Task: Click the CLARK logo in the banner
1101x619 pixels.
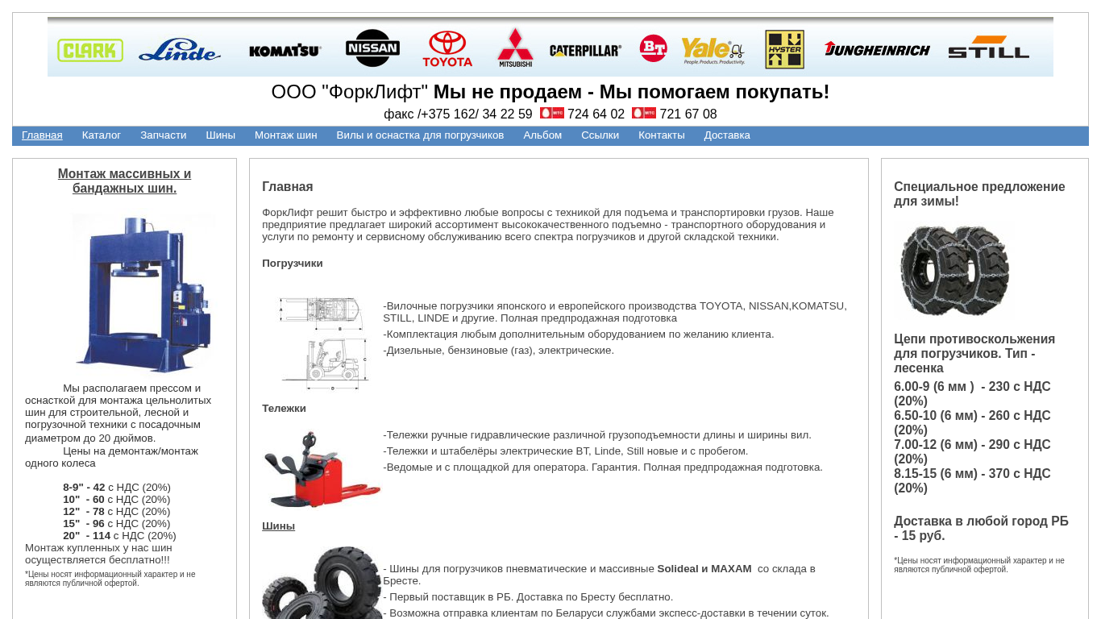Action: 90,51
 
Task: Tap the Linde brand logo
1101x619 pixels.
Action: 180,51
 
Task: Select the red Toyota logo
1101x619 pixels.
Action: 447,49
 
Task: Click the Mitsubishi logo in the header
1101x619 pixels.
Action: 515,48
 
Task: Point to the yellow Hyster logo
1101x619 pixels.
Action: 784,50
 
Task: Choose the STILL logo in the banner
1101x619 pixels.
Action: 988,48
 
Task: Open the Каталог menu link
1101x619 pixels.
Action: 102,135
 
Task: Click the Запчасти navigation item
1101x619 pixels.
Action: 163,135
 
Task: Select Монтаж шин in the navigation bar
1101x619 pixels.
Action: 286,135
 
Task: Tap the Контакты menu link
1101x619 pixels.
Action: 662,135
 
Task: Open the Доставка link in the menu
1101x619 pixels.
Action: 727,135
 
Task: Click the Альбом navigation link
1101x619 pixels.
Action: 542,135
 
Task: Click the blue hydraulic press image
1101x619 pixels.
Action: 143,292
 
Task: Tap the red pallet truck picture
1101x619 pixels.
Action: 322,470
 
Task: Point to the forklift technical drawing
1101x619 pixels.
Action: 322,343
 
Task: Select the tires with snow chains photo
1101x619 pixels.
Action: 954,270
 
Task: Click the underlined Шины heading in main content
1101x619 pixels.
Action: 278,526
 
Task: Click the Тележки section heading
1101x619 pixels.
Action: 284,409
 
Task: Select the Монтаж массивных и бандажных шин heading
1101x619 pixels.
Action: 124,181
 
